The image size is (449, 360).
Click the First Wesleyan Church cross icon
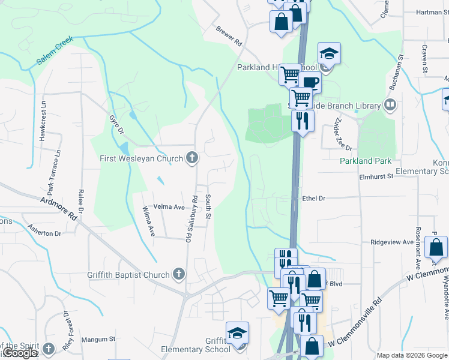(x=192, y=158)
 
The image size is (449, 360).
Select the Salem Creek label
(x=55, y=50)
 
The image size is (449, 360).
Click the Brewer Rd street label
(x=229, y=36)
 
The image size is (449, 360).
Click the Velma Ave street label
(x=169, y=206)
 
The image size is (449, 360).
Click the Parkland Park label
(x=366, y=161)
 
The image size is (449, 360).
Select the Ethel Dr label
(x=313, y=198)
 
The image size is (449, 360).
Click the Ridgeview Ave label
(x=392, y=242)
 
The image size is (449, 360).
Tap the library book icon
(x=391, y=106)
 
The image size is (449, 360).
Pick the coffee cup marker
(x=310, y=83)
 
